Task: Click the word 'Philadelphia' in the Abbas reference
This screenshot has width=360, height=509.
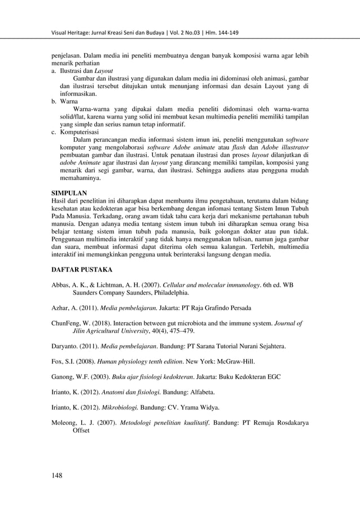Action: pyautogui.click(x=170, y=293)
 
